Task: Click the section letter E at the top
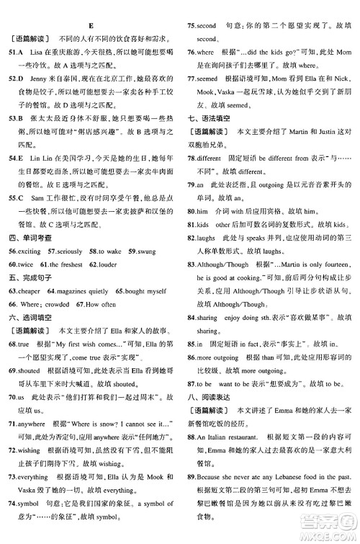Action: click(x=89, y=8)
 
